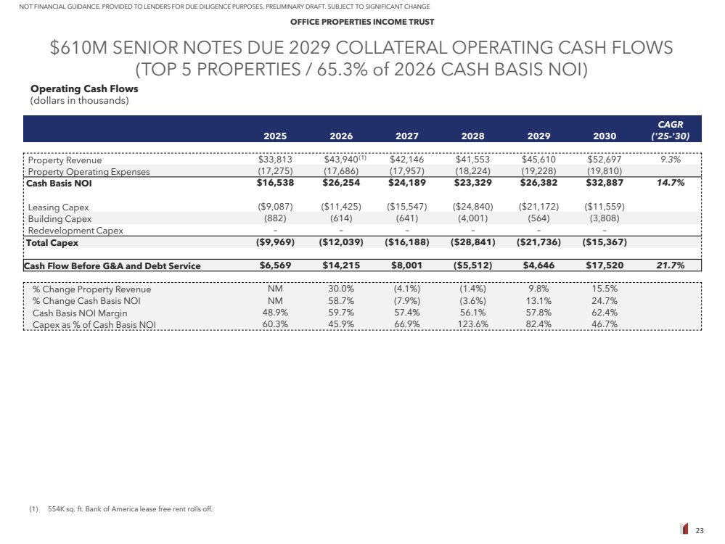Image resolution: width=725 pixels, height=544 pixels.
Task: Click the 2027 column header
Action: (x=407, y=135)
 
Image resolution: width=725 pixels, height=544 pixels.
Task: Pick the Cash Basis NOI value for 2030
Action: (x=605, y=184)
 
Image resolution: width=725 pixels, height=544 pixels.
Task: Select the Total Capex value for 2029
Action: (x=538, y=242)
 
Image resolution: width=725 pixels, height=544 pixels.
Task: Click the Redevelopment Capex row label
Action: (x=75, y=231)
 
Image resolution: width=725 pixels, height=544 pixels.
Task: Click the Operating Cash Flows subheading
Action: (x=84, y=89)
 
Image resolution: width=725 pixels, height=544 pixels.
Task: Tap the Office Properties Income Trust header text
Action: (x=362, y=22)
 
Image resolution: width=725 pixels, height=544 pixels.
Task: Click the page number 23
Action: (x=700, y=530)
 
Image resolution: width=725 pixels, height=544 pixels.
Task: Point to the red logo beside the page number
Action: (x=684, y=529)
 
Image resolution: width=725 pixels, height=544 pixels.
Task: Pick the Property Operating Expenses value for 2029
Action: (x=538, y=172)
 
